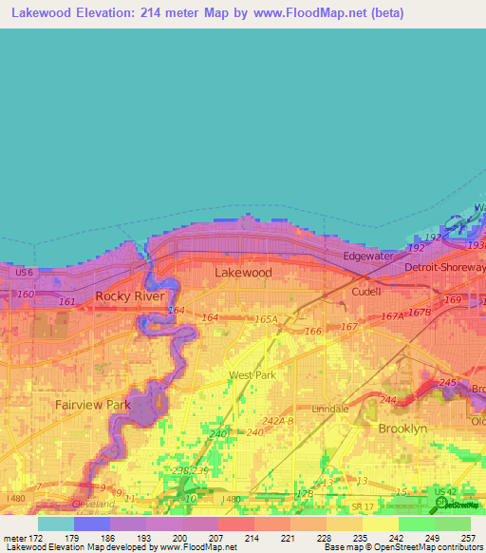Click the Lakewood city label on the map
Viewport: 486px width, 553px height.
243,273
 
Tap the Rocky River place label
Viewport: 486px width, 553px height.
131,296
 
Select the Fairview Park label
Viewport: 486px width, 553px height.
93,405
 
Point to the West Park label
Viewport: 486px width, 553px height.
252,375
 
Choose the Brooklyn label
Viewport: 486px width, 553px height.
402,429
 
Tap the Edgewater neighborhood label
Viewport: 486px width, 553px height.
368,257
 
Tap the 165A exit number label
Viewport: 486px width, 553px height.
267,321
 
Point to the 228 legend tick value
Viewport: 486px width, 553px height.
324,537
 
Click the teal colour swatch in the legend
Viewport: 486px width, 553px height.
55,523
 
